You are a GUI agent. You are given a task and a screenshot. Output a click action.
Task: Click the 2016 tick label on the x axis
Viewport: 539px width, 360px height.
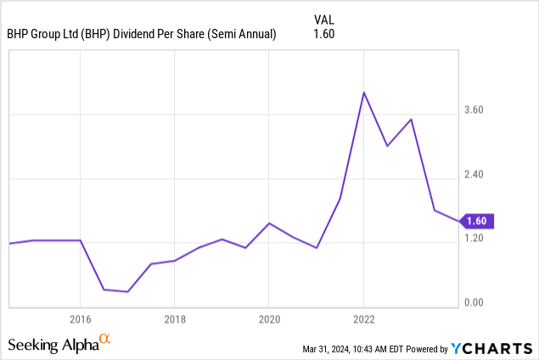coord(80,320)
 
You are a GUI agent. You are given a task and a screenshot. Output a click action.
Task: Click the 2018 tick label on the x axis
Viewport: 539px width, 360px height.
coord(174,320)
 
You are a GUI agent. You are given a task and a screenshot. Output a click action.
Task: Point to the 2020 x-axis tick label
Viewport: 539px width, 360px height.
coord(268,320)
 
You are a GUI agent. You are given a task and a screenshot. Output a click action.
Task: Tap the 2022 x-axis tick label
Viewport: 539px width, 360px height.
coord(364,320)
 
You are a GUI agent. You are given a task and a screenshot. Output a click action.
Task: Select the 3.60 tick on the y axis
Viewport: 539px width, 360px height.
coord(473,110)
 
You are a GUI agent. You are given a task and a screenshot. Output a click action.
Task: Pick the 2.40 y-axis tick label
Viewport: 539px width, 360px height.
coord(473,175)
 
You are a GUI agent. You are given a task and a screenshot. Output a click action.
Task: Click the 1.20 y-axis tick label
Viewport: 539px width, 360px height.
coord(473,239)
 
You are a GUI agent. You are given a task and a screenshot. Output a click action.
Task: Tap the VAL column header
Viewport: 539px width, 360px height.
coord(324,18)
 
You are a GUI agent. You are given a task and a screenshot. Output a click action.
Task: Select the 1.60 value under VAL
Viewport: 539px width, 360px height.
coord(324,35)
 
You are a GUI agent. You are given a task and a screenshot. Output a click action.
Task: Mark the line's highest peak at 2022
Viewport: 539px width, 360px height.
coord(363,92)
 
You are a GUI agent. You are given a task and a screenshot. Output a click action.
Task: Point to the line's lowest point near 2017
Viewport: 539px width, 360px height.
coord(127,292)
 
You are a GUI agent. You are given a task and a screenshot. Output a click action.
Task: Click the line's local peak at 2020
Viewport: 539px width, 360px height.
coord(268,223)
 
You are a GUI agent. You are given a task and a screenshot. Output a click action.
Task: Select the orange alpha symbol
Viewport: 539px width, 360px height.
coord(105,340)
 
